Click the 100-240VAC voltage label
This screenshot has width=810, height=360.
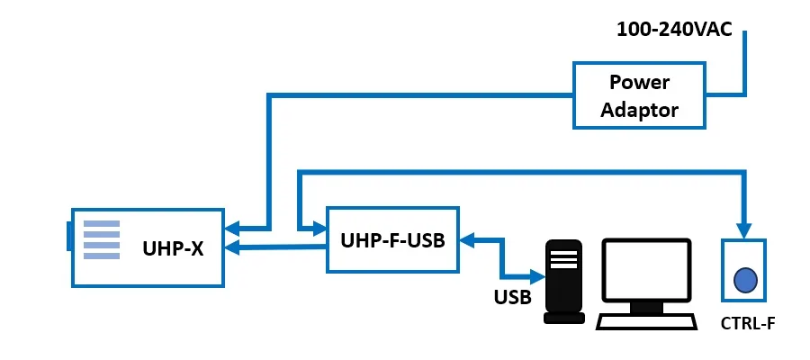pos(674,29)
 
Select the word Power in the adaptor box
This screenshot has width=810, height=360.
pos(639,83)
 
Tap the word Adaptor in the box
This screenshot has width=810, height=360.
pos(639,111)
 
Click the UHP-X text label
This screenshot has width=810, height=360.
pos(173,247)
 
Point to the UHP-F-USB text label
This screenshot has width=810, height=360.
pos(392,240)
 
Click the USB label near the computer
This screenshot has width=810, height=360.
pos(512,296)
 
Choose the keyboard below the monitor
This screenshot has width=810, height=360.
pos(646,320)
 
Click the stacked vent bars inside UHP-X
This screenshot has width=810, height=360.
pos(102,240)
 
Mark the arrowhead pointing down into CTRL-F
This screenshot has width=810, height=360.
pos(743,229)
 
